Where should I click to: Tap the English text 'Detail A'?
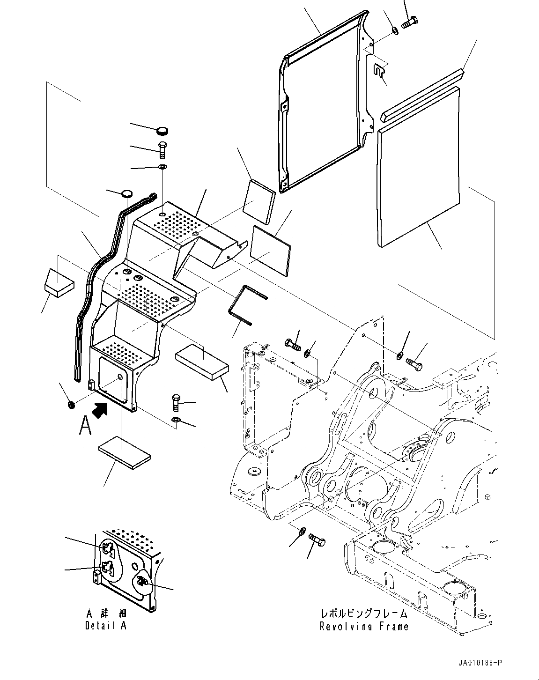(106, 626)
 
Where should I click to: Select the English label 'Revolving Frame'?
(364, 627)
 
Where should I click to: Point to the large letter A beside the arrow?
(85, 426)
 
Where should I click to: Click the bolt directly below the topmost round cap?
(162, 149)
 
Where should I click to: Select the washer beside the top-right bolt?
(395, 31)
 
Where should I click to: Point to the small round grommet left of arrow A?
(70, 404)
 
